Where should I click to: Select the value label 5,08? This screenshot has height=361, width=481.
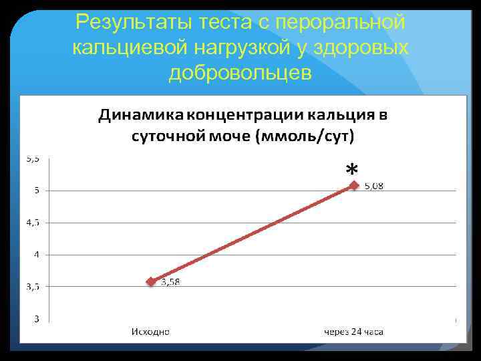[374, 187]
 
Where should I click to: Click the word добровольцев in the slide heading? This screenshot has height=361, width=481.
[240, 72]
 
